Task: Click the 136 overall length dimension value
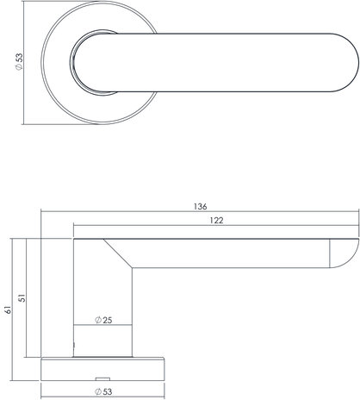[199, 207]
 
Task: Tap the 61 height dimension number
[7, 307]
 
